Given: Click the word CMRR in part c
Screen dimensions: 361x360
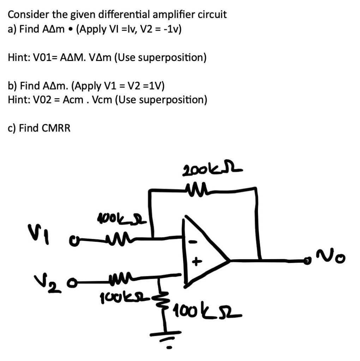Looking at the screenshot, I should tap(56, 128).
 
